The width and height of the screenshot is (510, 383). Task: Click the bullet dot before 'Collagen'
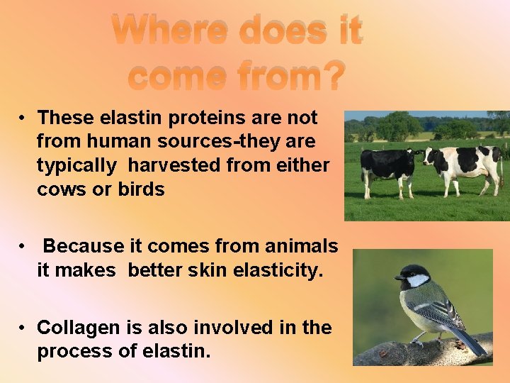(23, 328)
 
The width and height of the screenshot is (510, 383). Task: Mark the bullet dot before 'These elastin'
(23, 118)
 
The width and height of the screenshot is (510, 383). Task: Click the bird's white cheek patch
(418, 280)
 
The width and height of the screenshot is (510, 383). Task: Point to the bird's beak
(398, 277)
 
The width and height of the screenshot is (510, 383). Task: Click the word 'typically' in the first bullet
(76, 166)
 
